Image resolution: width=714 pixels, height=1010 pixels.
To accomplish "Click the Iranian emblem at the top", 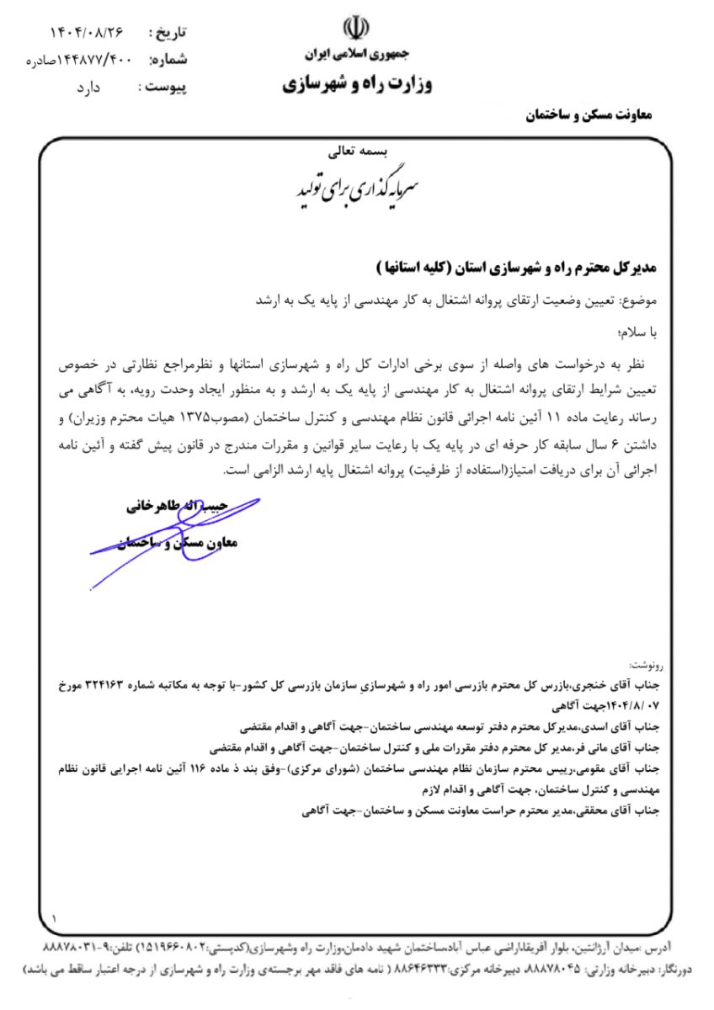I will pos(357,29).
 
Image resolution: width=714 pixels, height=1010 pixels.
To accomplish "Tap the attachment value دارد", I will pos(106,87).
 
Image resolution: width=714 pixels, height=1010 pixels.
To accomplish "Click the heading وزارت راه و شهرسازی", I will pos(355,86).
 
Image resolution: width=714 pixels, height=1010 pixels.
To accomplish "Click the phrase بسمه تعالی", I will pos(356,154).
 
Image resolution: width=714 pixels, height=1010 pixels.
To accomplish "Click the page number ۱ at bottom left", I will pos(55,917).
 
